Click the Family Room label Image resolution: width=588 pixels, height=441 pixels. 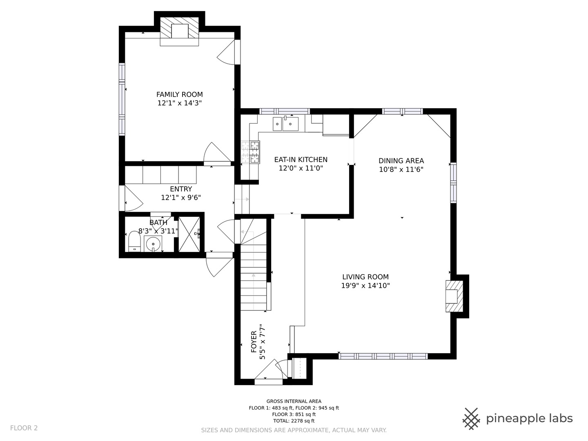pyautogui.click(x=180, y=94)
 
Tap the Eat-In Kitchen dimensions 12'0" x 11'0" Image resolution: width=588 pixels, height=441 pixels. pyautogui.click(x=301, y=168)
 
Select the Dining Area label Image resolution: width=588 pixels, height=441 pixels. pyautogui.click(x=401, y=160)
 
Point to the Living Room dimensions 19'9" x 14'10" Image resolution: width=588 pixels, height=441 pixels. pyautogui.click(x=365, y=285)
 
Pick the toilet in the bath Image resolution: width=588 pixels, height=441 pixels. pyautogui.click(x=134, y=241)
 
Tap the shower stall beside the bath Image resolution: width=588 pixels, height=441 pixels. pyautogui.click(x=189, y=234)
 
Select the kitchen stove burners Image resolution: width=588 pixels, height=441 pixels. pyautogui.click(x=250, y=152)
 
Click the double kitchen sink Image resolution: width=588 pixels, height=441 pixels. pyautogui.click(x=285, y=124)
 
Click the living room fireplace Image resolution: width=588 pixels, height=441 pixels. pyautogui.click(x=454, y=296)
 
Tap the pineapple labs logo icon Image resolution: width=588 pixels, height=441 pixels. pyautogui.click(x=472, y=419)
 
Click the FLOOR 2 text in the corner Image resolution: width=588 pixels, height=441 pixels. pyautogui.click(x=24, y=428)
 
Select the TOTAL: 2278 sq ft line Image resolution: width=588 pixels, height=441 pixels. pyautogui.click(x=294, y=421)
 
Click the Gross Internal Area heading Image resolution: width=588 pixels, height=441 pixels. pyautogui.click(x=294, y=401)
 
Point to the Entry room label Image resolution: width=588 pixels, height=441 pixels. pyautogui.click(x=181, y=189)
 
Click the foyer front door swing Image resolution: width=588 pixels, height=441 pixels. pyautogui.click(x=268, y=370)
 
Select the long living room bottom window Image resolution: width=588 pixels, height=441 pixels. pyautogui.click(x=383, y=356)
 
